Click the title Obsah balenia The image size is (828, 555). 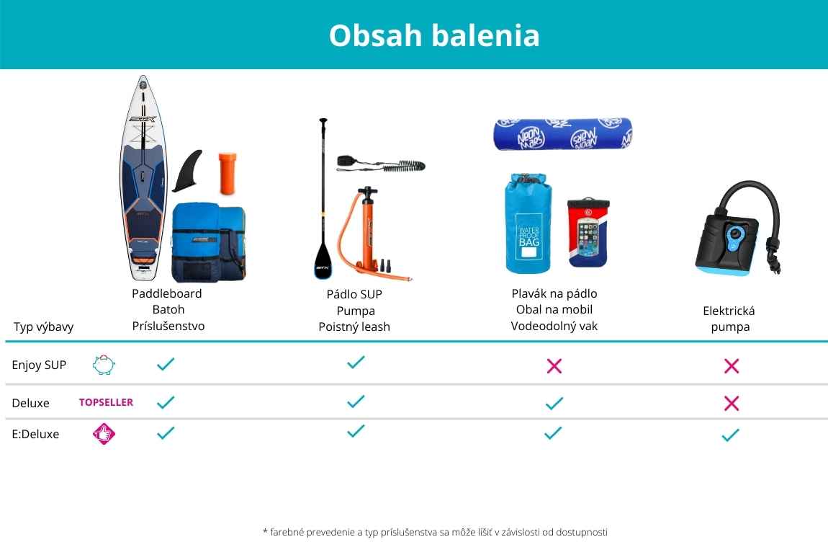434,35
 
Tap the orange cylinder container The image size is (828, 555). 228,174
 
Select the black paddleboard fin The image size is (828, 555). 188,170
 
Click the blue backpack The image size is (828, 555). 209,242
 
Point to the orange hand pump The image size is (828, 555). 369,233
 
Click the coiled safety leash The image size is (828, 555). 382,164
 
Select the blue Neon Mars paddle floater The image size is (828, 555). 563,134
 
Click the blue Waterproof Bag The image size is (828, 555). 528,223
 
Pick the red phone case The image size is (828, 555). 588,233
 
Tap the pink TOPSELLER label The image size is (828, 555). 106,402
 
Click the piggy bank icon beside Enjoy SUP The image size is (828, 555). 104,365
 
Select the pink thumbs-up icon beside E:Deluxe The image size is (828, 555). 104,434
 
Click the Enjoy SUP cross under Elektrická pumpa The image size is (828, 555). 732,365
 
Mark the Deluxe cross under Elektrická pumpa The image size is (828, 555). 732,404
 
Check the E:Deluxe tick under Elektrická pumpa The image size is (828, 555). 730,435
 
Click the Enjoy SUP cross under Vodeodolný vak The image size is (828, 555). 554,365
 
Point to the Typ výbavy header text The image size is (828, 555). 43,327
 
